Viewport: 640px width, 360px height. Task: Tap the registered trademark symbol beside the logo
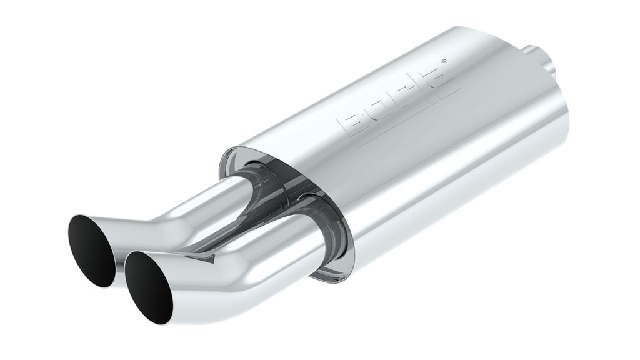click(x=444, y=61)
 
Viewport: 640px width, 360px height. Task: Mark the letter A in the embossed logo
click(x=438, y=74)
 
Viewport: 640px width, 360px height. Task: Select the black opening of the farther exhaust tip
click(x=92, y=251)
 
